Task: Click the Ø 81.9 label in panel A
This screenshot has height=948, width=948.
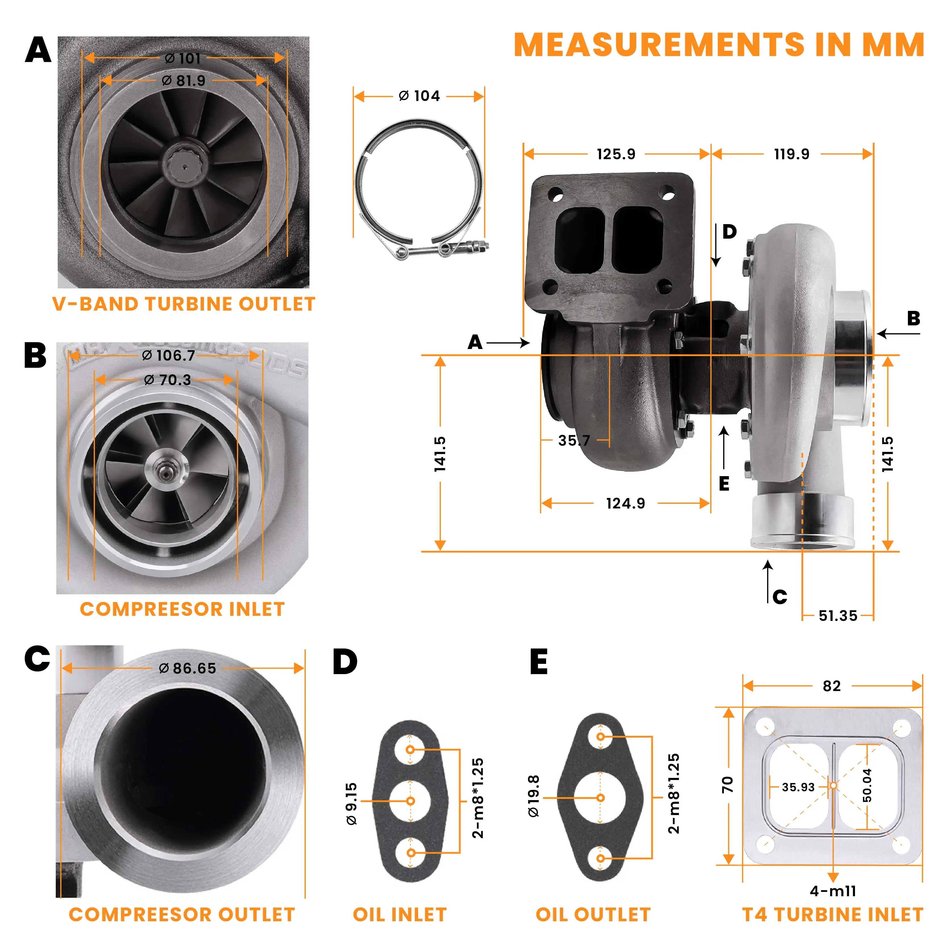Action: point(183,80)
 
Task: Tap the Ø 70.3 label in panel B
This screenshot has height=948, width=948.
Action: point(167,379)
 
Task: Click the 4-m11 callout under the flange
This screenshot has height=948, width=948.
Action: point(833,891)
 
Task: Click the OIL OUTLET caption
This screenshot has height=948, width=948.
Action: point(593,914)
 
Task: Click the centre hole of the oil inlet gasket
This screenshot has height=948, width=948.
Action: point(411,801)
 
